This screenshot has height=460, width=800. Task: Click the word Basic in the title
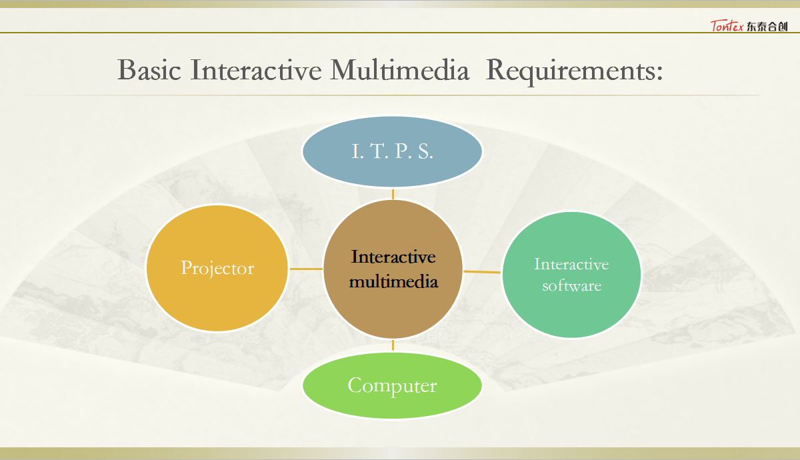[149, 70]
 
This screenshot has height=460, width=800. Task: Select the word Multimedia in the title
[399, 69]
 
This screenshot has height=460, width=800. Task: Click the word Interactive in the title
[256, 70]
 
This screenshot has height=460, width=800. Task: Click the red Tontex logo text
[727, 26]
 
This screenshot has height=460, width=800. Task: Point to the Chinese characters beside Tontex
[767, 27]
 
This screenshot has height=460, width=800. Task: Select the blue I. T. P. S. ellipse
[392, 151]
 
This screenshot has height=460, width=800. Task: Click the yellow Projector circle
[217, 268]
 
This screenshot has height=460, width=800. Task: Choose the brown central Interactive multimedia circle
[393, 269]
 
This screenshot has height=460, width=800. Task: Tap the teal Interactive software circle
[571, 274]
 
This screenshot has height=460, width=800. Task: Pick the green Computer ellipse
[392, 386]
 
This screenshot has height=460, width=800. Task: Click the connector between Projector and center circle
[306, 269]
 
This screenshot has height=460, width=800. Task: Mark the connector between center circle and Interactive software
[482, 272]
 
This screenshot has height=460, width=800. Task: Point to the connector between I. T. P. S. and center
[393, 194]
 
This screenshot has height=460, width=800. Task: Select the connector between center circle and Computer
[393, 345]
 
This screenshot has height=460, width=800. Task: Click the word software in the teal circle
[572, 286]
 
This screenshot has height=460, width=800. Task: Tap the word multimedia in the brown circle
[393, 281]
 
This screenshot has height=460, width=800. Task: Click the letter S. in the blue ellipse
[425, 151]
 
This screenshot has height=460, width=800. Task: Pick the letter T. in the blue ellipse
[379, 151]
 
